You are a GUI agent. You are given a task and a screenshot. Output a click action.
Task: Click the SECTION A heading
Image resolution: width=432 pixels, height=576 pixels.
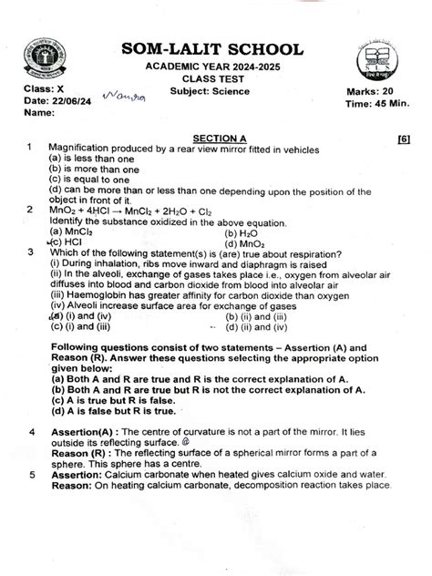214,137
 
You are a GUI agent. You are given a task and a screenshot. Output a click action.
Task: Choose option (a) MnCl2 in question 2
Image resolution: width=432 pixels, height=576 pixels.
70,232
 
